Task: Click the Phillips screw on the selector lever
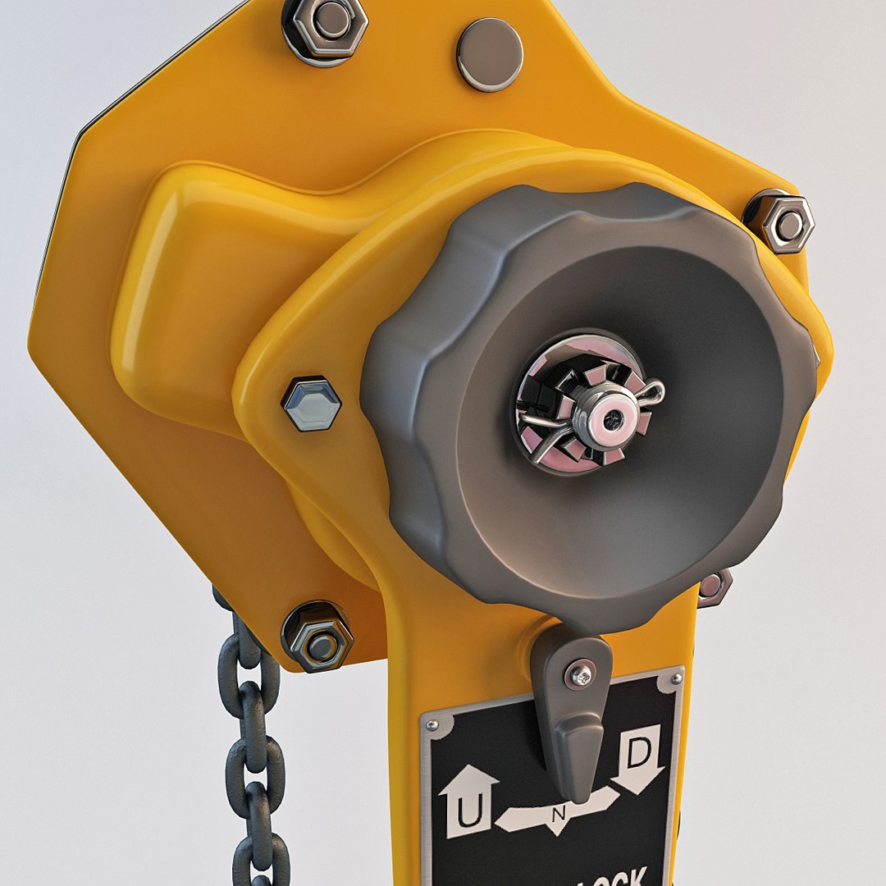click(x=581, y=674)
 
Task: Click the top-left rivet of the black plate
click(x=432, y=725)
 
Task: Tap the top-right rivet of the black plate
click(x=675, y=678)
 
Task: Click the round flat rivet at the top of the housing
click(x=490, y=54)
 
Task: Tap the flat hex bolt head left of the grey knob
click(x=311, y=404)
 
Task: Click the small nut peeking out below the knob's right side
click(x=712, y=586)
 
